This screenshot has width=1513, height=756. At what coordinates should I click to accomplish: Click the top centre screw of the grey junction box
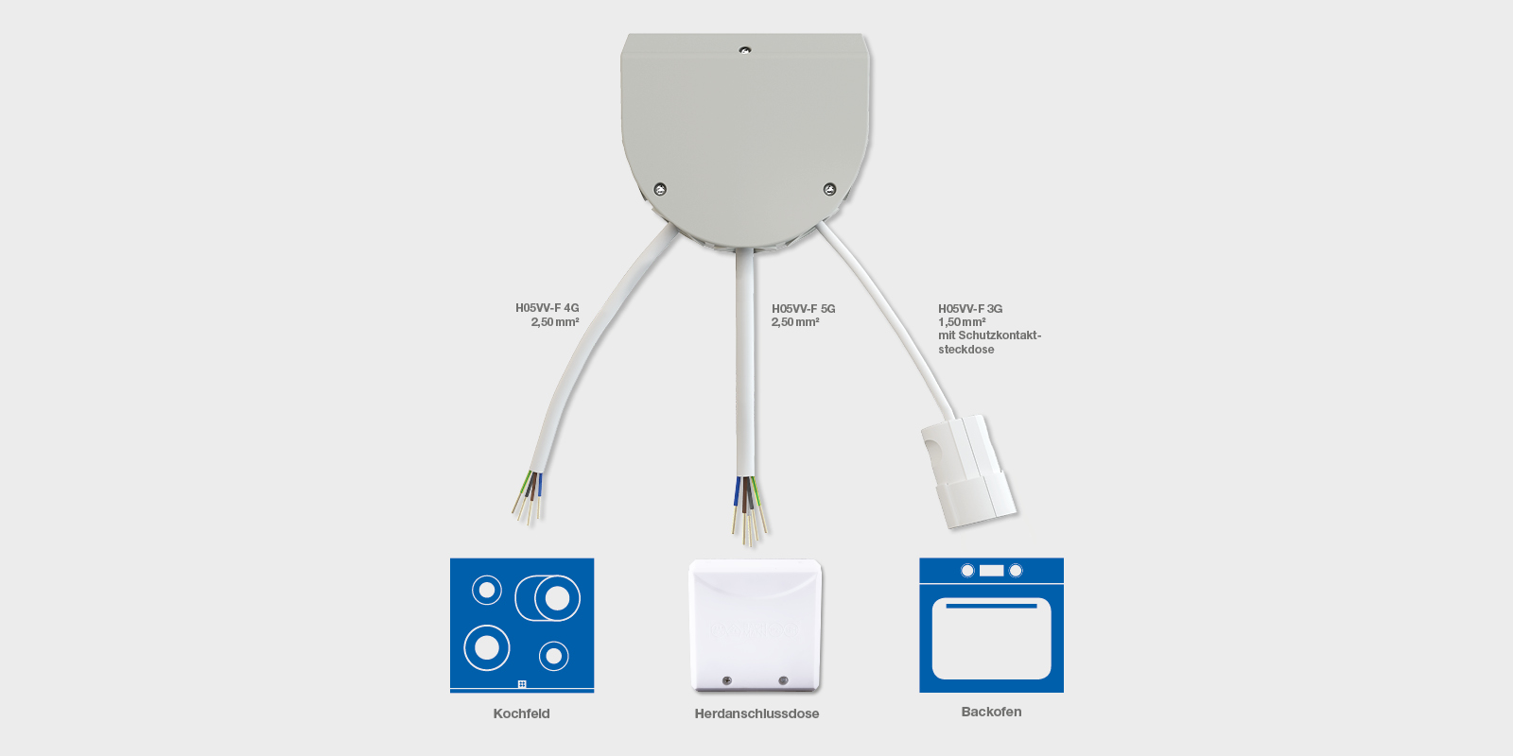point(745,50)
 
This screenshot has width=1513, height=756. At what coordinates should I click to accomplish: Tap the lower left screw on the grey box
point(660,189)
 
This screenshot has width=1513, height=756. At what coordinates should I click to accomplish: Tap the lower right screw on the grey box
point(829,189)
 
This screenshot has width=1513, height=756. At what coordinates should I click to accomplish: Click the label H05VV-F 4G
point(547,308)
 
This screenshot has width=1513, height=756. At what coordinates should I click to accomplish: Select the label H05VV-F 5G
point(803,309)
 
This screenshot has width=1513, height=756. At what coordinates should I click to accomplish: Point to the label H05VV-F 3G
point(970,309)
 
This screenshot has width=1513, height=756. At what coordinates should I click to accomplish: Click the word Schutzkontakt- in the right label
point(999,335)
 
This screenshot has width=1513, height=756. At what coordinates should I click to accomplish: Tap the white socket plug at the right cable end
point(967,469)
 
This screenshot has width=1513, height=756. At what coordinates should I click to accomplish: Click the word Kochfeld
point(521,713)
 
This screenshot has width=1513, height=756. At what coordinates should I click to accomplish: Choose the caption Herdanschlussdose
point(756,713)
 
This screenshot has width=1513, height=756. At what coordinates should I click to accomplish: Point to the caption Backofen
point(991,712)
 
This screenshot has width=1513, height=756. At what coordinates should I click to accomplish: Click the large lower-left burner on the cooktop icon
point(487,647)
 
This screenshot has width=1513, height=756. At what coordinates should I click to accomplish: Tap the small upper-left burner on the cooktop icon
point(487,591)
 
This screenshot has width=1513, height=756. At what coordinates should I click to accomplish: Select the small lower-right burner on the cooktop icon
point(554,656)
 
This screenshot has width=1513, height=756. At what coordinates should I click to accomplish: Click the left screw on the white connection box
point(727,680)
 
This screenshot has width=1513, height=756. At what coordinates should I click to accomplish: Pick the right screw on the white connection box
point(783,680)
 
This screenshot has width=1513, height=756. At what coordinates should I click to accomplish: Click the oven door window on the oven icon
point(991,640)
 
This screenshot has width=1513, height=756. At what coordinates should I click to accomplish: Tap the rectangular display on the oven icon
point(991,571)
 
